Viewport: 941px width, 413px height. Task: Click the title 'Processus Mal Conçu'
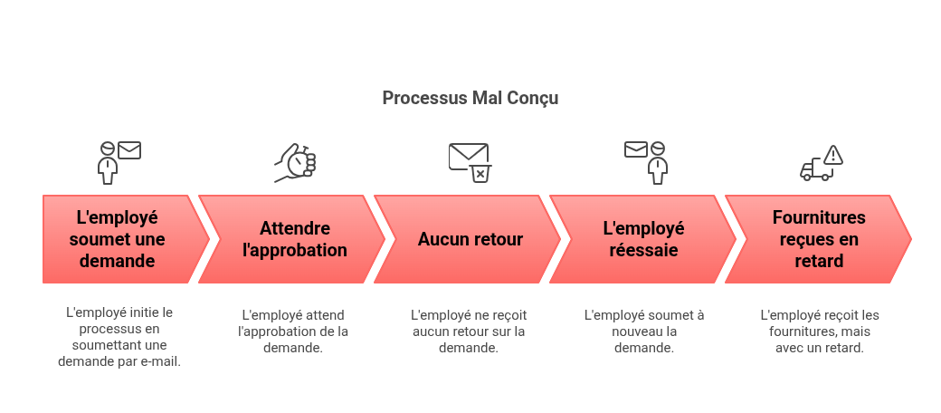click(x=470, y=98)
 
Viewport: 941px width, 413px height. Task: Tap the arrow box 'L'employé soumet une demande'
click(x=118, y=239)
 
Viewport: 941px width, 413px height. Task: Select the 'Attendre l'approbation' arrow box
click(x=294, y=239)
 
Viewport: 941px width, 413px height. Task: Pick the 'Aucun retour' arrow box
click(x=470, y=239)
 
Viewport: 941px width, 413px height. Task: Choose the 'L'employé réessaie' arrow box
click(x=643, y=239)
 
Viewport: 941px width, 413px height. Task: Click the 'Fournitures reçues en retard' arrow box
click(x=818, y=239)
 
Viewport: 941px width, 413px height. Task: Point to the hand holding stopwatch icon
click(x=296, y=163)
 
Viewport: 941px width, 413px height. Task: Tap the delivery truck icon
click(x=815, y=169)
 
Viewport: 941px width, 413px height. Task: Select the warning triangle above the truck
click(x=832, y=155)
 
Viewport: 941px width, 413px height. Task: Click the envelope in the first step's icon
click(x=129, y=150)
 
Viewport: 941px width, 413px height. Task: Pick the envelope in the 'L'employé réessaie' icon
click(x=635, y=149)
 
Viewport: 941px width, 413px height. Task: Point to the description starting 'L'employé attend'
click(x=293, y=331)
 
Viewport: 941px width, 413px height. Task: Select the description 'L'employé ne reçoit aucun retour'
click(x=469, y=331)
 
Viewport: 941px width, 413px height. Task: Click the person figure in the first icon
click(x=108, y=165)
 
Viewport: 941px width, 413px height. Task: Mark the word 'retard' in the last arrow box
click(x=819, y=261)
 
